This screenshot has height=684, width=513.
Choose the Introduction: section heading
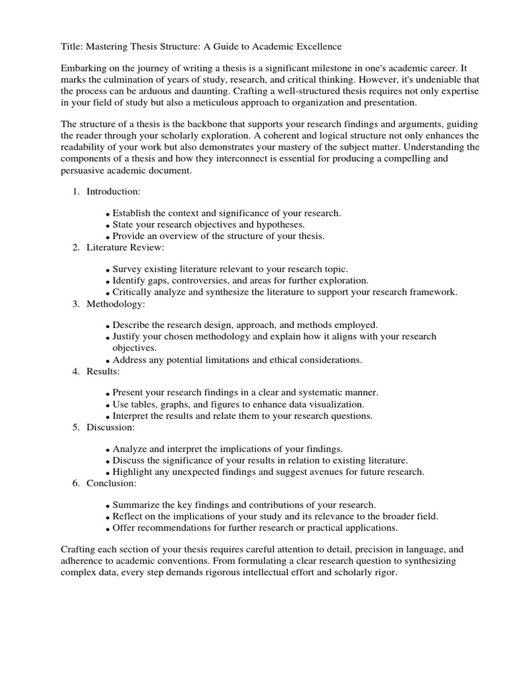click(x=113, y=192)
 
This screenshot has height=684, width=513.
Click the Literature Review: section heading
click(x=126, y=248)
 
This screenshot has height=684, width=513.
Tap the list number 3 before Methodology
click(x=76, y=304)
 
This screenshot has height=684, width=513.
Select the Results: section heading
click(x=104, y=371)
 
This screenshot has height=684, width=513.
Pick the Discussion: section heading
click(x=110, y=427)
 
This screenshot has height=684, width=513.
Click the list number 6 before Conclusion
click(x=76, y=483)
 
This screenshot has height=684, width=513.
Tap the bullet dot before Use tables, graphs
click(x=108, y=405)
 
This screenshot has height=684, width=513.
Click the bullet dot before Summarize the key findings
click(x=108, y=506)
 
